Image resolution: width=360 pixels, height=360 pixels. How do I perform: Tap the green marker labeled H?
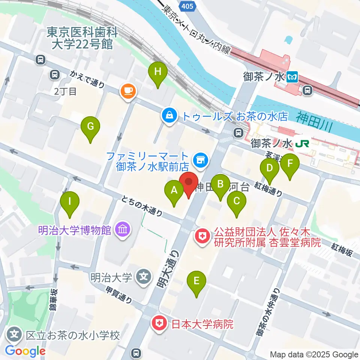point(158,71)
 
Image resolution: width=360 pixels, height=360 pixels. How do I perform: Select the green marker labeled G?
point(90,126)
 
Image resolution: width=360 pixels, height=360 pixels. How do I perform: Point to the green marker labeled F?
point(290,164)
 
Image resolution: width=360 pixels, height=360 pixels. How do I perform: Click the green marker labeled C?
point(236,201)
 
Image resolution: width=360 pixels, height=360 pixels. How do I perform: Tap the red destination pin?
point(188,183)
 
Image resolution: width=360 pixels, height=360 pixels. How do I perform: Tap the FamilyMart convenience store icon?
point(199,160)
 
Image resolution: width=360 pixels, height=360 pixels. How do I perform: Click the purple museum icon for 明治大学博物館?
point(123,229)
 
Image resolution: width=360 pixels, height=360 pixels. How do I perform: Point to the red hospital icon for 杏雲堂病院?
point(202,237)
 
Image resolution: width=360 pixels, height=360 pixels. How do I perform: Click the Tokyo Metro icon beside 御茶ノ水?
point(292,78)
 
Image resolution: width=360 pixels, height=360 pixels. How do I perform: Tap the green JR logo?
point(302,143)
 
